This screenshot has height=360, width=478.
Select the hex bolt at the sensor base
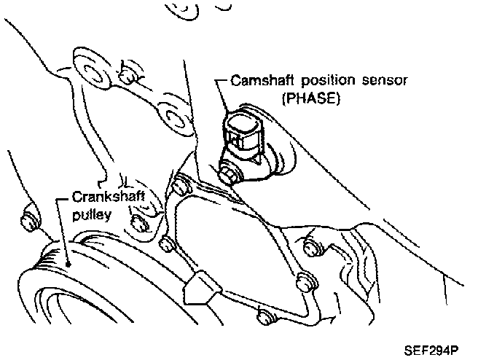coord(229,174)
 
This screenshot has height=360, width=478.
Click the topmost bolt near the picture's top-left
coord(129,75)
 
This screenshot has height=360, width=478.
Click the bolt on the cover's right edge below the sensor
coord(303,278)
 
